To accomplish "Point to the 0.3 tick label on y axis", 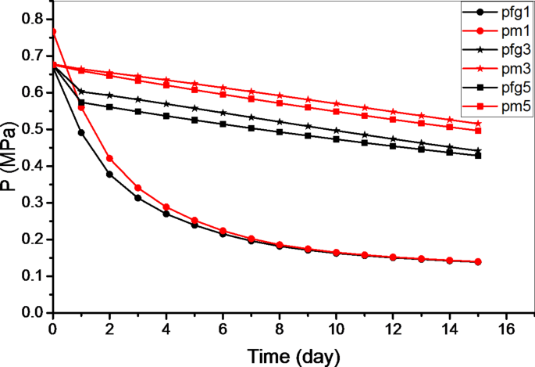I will pyautogui.click(x=32, y=203).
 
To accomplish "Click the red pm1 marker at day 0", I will pyautogui.click(x=52, y=32).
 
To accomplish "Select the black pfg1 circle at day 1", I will pyautogui.click(x=81, y=133).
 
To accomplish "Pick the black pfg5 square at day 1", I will pyautogui.click(x=81, y=103).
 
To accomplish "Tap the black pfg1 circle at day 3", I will pyautogui.click(x=137, y=198).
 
